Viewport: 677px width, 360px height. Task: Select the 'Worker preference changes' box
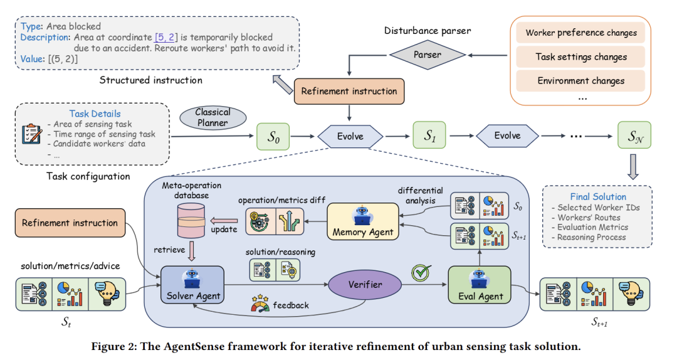coord(581,33)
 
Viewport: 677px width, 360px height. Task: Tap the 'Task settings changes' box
coord(581,56)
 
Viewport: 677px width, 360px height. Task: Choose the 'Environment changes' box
coord(581,80)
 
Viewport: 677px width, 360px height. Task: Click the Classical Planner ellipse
coord(213,117)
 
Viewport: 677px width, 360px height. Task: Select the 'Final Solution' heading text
coord(598,196)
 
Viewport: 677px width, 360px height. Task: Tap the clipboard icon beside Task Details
coord(31,134)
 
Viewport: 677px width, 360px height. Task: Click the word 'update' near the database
coord(224,229)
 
